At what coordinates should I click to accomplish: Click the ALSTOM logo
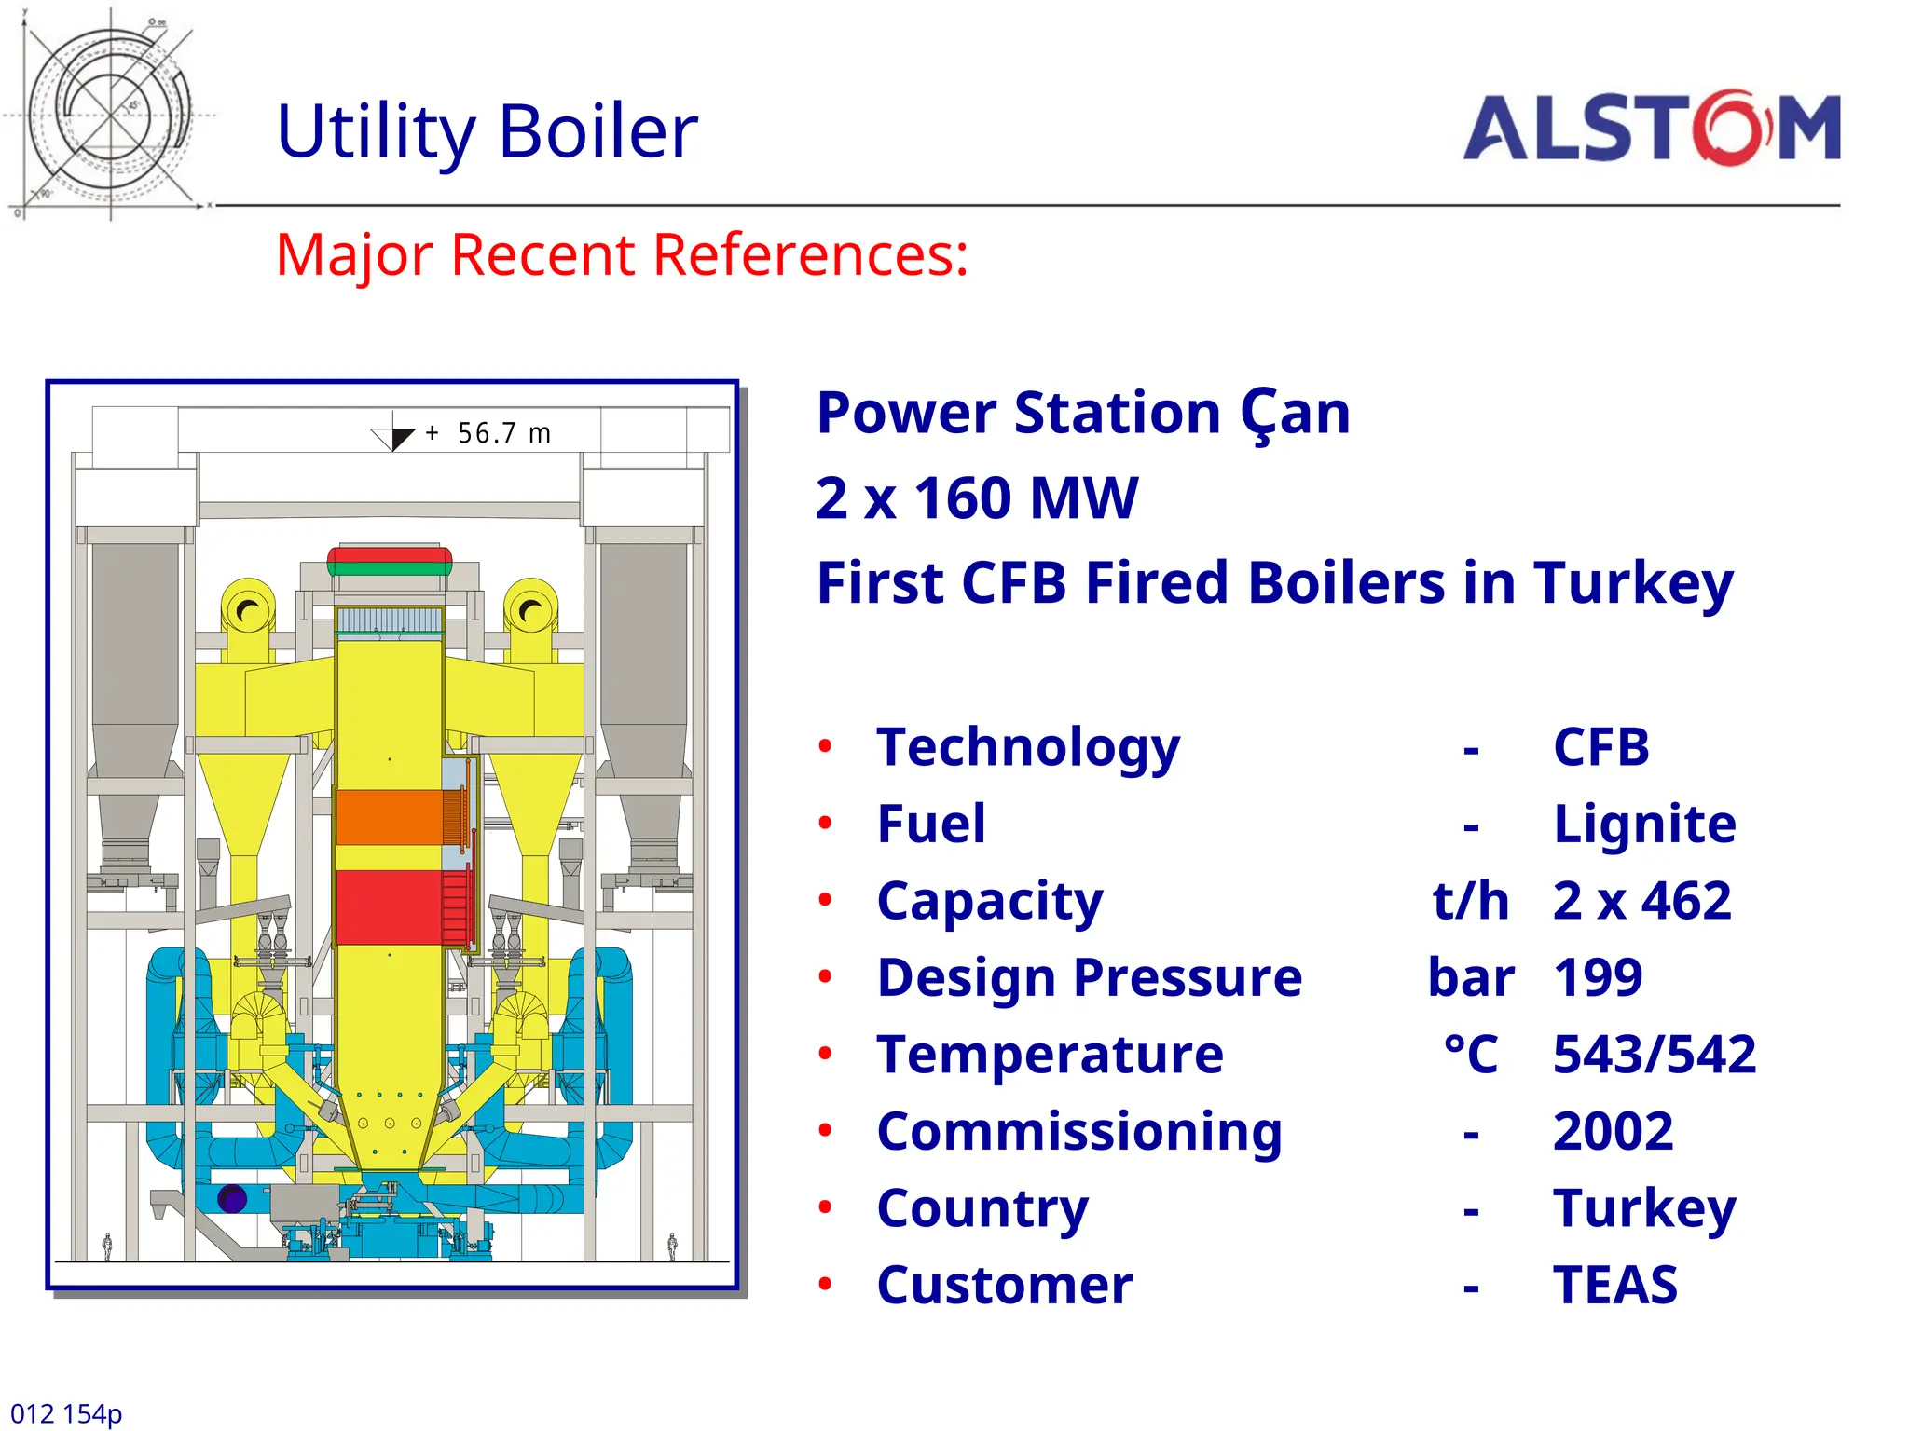tap(1652, 129)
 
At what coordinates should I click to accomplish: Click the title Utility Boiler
tap(487, 131)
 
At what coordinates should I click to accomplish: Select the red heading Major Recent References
tap(622, 254)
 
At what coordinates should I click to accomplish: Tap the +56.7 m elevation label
tap(488, 434)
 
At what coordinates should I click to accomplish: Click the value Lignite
tap(1644, 825)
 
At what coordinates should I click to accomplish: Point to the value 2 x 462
tap(1641, 901)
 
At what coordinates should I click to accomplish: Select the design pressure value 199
tap(1598, 978)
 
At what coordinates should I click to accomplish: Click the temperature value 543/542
tap(1654, 1055)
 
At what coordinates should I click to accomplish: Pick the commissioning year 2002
tap(1613, 1132)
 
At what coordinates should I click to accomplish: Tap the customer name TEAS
tap(1614, 1286)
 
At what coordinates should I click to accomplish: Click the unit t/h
tap(1470, 901)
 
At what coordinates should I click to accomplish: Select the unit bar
tap(1470, 978)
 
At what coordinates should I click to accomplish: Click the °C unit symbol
tap(1470, 1055)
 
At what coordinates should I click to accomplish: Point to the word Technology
tap(1028, 748)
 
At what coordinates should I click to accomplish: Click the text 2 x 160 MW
tap(976, 498)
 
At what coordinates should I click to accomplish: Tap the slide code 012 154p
tap(66, 1413)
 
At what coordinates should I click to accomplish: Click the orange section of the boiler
tap(389, 817)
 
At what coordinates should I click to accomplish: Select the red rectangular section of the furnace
tap(388, 906)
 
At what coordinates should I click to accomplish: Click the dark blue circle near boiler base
tap(232, 1199)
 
